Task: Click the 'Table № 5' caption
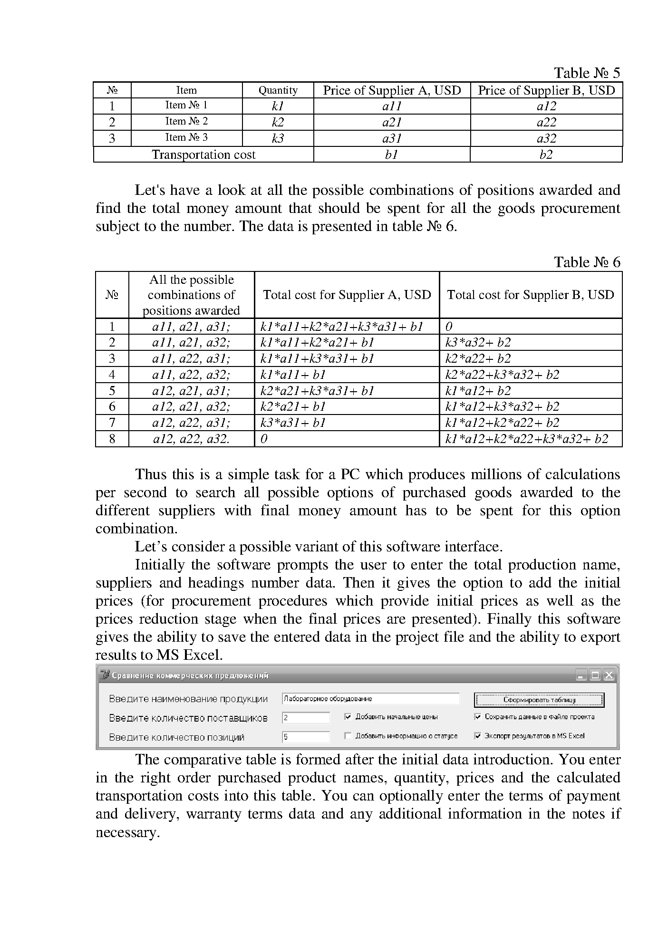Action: (587, 73)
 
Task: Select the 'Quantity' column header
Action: (278, 90)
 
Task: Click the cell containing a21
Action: (392, 122)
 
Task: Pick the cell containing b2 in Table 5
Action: (546, 154)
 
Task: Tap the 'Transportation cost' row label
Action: (203, 154)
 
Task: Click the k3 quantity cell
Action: (278, 138)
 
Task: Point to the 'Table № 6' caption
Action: (587, 262)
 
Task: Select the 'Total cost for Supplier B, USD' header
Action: (530, 295)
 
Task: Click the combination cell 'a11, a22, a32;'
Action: (191, 375)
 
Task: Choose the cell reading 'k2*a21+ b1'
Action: (293, 406)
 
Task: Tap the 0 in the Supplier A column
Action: (264, 439)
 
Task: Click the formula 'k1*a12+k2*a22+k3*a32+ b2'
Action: (526, 439)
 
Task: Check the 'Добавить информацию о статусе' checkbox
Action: (348, 736)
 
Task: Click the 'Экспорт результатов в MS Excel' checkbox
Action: (478, 736)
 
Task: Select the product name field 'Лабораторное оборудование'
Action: (370, 699)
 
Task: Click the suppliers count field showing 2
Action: (305, 718)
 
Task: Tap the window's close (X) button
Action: (609, 675)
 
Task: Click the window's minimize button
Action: (581, 675)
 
